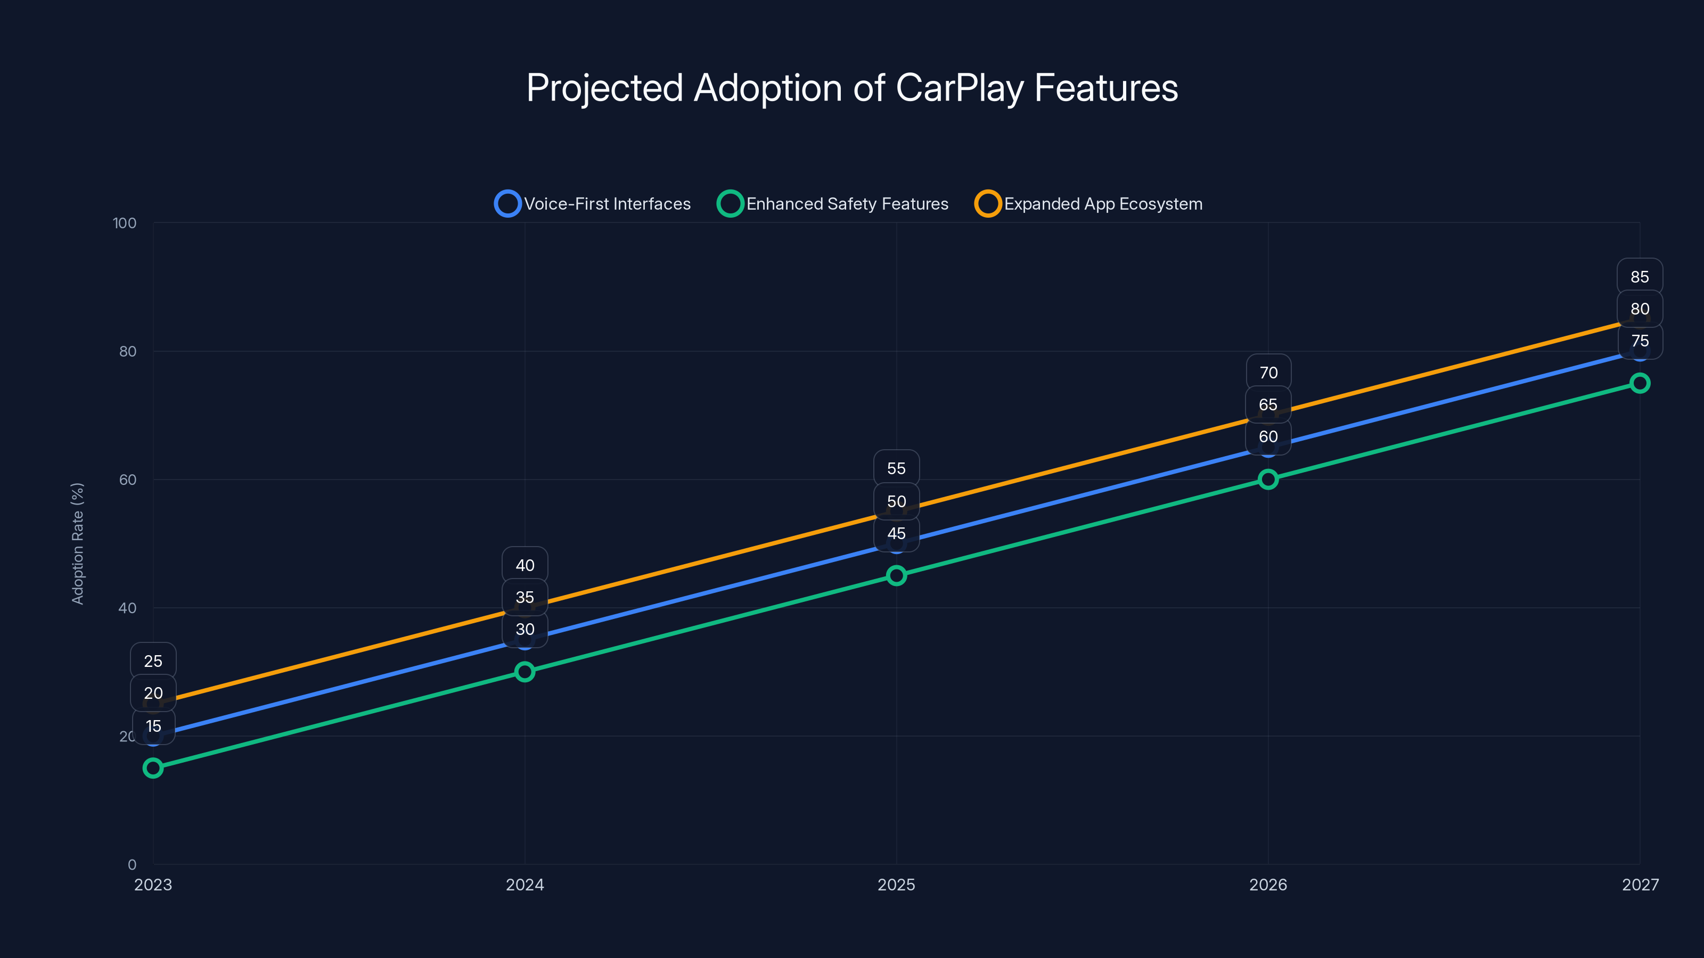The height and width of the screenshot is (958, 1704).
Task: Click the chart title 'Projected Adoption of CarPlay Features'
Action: (852, 88)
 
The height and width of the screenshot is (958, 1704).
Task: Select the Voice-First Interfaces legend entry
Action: (593, 204)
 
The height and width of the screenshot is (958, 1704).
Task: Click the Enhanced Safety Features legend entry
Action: (833, 204)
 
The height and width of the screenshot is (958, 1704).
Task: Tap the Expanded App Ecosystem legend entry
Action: (1089, 204)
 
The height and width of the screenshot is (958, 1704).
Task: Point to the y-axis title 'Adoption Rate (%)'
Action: (77, 543)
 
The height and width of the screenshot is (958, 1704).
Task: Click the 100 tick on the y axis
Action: (125, 223)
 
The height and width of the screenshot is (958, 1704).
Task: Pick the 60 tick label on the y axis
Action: (128, 480)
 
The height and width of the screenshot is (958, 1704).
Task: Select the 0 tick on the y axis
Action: (132, 864)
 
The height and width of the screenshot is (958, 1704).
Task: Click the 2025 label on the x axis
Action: (896, 885)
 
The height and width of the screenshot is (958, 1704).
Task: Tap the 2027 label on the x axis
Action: (1640, 885)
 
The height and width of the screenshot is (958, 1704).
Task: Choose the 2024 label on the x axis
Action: (525, 885)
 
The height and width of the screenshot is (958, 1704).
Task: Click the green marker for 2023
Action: (153, 767)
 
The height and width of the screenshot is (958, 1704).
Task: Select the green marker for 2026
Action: (1268, 480)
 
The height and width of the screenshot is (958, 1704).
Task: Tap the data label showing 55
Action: (896, 468)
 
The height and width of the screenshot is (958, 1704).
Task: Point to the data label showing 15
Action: (153, 726)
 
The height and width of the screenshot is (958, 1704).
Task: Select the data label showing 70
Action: (1268, 372)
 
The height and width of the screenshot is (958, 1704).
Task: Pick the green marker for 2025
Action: (896, 575)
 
